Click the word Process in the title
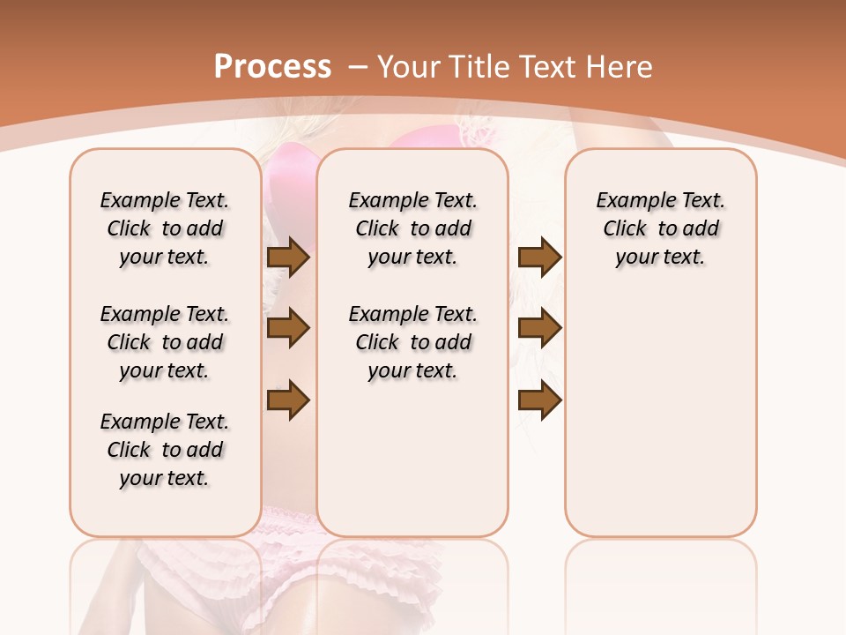point(272,67)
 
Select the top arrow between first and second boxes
point(288,258)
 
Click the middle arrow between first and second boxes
point(288,328)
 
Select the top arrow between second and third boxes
point(539,258)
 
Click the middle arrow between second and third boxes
point(539,328)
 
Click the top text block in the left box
point(165,228)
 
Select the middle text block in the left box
point(165,342)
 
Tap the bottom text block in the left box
point(165,450)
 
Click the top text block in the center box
point(412,228)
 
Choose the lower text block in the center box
point(412,342)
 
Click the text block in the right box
point(660,228)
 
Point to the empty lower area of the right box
point(660,415)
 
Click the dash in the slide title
point(358,68)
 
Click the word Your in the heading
point(408,67)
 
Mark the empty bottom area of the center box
point(412,467)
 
